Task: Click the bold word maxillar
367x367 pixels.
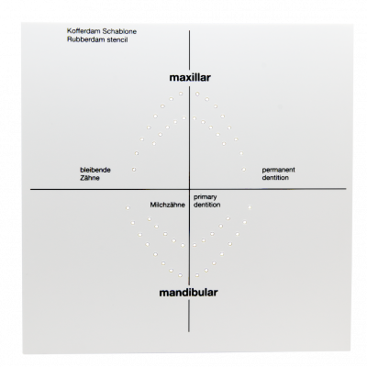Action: click(x=190, y=77)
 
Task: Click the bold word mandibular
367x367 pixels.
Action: click(x=188, y=293)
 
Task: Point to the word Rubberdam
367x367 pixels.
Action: click(x=82, y=39)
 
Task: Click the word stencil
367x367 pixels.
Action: click(x=117, y=39)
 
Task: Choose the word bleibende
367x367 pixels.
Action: click(x=95, y=170)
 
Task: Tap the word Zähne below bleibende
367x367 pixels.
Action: click(x=90, y=178)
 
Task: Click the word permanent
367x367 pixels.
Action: click(x=278, y=170)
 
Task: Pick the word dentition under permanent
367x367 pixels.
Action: click(x=275, y=177)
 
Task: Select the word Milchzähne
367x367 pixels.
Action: click(x=167, y=205)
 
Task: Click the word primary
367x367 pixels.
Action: click(x=205, y=197)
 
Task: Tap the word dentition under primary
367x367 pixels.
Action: click(x=207, y=205)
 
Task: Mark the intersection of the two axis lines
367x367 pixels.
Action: click(x=189, y=189)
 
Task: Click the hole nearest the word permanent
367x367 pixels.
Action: click(x=244, y=169)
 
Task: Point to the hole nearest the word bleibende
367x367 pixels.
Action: click(x=134, y=169)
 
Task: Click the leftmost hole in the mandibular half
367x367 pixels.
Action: click(x=128, y=208)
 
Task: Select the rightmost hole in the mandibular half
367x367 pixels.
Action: click(x=250, y=207)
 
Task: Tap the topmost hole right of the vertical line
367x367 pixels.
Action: click(x=197, y=94)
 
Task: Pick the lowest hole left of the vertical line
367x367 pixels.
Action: click(x=181, y=275)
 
